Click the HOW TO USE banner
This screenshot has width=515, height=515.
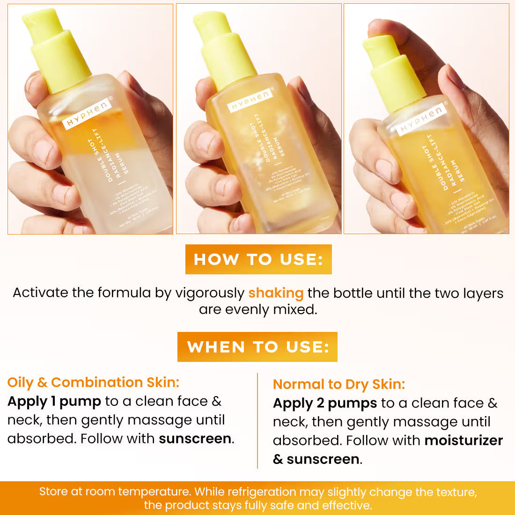point(258,259)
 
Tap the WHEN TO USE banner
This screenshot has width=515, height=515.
point(257,347)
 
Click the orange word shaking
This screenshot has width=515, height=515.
point(276,293)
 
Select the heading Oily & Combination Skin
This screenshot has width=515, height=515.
point(93,383)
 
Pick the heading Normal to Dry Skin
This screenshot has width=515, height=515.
point(339,384)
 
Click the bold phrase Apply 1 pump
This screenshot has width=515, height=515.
point(54,401)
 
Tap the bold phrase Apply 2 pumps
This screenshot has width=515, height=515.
point(325,403)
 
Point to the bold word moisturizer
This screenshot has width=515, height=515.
point(463,441)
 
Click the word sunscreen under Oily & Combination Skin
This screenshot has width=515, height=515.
point(195,439)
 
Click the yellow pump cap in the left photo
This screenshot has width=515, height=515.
point(59,51)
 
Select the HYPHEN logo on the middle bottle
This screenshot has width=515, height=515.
point(250,100)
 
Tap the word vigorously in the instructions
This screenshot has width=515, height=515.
point(210,293)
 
